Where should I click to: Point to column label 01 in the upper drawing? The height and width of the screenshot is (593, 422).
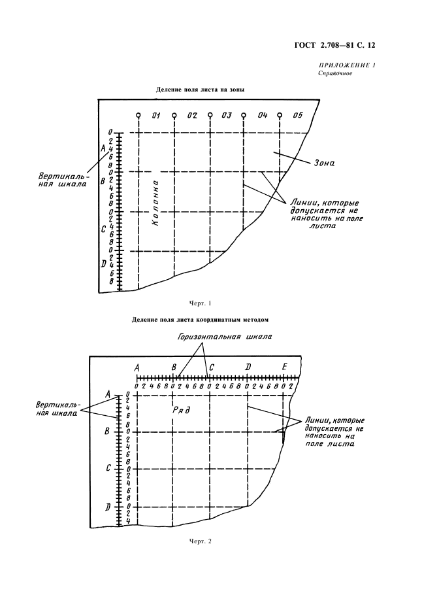point(156,116)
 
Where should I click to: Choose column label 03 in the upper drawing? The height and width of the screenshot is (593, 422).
point(227,116)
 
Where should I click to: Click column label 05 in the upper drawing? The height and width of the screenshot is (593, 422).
point(298,116)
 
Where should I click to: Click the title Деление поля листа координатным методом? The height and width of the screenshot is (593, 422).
point(200,320)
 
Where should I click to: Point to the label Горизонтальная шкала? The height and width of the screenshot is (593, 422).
point(225,336)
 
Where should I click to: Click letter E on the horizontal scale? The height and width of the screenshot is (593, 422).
point(285,368)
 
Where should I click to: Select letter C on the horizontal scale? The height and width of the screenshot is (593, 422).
point(212,368)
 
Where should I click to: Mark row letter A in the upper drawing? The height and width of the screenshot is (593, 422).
point(103,149)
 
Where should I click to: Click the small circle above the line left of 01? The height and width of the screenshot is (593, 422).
point(138,116)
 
